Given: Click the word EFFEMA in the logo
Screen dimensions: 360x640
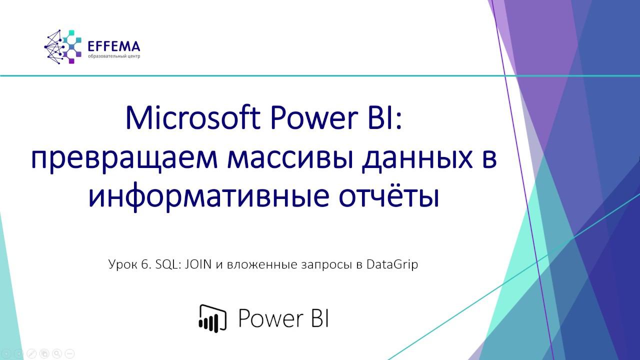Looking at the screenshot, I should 113,46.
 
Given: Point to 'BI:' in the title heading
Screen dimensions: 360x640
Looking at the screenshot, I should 386,118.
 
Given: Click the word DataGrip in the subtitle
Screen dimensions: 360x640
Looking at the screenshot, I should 392,264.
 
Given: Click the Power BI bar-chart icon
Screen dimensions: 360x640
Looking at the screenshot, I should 212,317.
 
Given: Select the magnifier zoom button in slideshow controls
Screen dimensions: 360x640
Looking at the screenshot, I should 56,353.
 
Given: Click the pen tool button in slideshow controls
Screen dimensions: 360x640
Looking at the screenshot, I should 31,353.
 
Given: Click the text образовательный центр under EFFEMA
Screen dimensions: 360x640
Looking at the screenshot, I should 114,56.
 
